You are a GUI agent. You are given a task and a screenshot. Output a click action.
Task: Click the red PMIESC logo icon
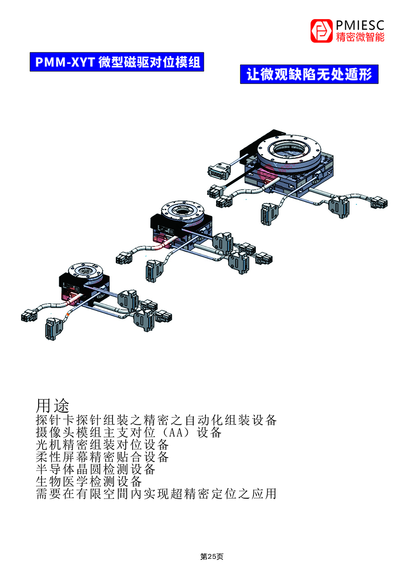click(x=321, y=31)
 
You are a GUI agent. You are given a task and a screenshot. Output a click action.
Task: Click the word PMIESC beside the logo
click(x=360, y=25)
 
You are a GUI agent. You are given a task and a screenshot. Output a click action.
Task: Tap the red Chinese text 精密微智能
click(x=360, y=37)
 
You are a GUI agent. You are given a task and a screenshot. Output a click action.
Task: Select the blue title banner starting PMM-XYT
click(x=117, y=62)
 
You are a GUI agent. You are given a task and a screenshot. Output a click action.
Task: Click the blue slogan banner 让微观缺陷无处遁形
click(x=309, y=74)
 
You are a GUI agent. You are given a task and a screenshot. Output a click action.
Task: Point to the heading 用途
click(x=53, y=406)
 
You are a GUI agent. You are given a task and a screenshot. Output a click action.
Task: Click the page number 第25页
click(x=212, y=557)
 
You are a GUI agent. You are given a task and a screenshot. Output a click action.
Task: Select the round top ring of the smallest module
click(x=86, y=270)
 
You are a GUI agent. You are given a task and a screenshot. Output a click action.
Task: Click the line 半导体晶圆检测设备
click(x=95, y=469)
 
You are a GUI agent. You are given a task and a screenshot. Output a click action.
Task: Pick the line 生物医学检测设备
click(x=89, y=482)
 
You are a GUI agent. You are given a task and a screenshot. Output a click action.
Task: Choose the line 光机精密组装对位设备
click(x=103, y=445)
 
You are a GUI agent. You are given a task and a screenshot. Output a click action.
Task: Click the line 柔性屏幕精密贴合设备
click(x=103, y=457)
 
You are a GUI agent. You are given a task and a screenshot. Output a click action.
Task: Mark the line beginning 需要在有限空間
click(x=157, y=494)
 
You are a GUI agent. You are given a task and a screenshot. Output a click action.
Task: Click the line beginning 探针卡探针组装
click(x=157, y=420)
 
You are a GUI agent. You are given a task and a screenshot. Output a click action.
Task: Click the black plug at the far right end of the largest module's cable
click(x=379, y=202)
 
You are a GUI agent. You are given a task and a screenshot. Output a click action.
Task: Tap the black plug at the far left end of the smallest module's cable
click(x=29, y=315)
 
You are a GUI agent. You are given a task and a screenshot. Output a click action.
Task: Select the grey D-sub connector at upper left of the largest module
click(x=219, y=170)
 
